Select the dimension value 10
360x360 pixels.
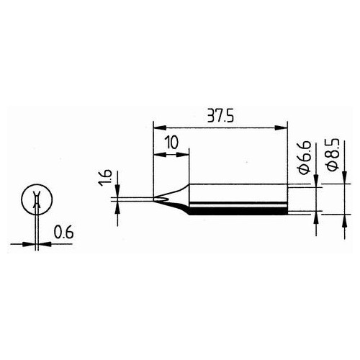[x=170, y=142]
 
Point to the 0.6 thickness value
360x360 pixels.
[x=63, y=233]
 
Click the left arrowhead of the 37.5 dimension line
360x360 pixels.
[x=158, y=128]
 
